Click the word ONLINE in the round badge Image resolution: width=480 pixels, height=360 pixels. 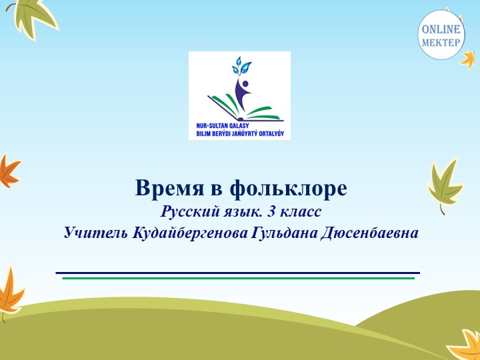[441, 29]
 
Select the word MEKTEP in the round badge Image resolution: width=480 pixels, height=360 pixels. [441, 42]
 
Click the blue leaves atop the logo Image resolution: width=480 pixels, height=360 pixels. [240, 66]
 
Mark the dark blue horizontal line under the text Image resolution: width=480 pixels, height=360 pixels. [238, 273]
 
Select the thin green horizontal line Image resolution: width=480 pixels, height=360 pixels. [238, 278]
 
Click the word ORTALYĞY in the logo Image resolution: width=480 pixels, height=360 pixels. [267, 133]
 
